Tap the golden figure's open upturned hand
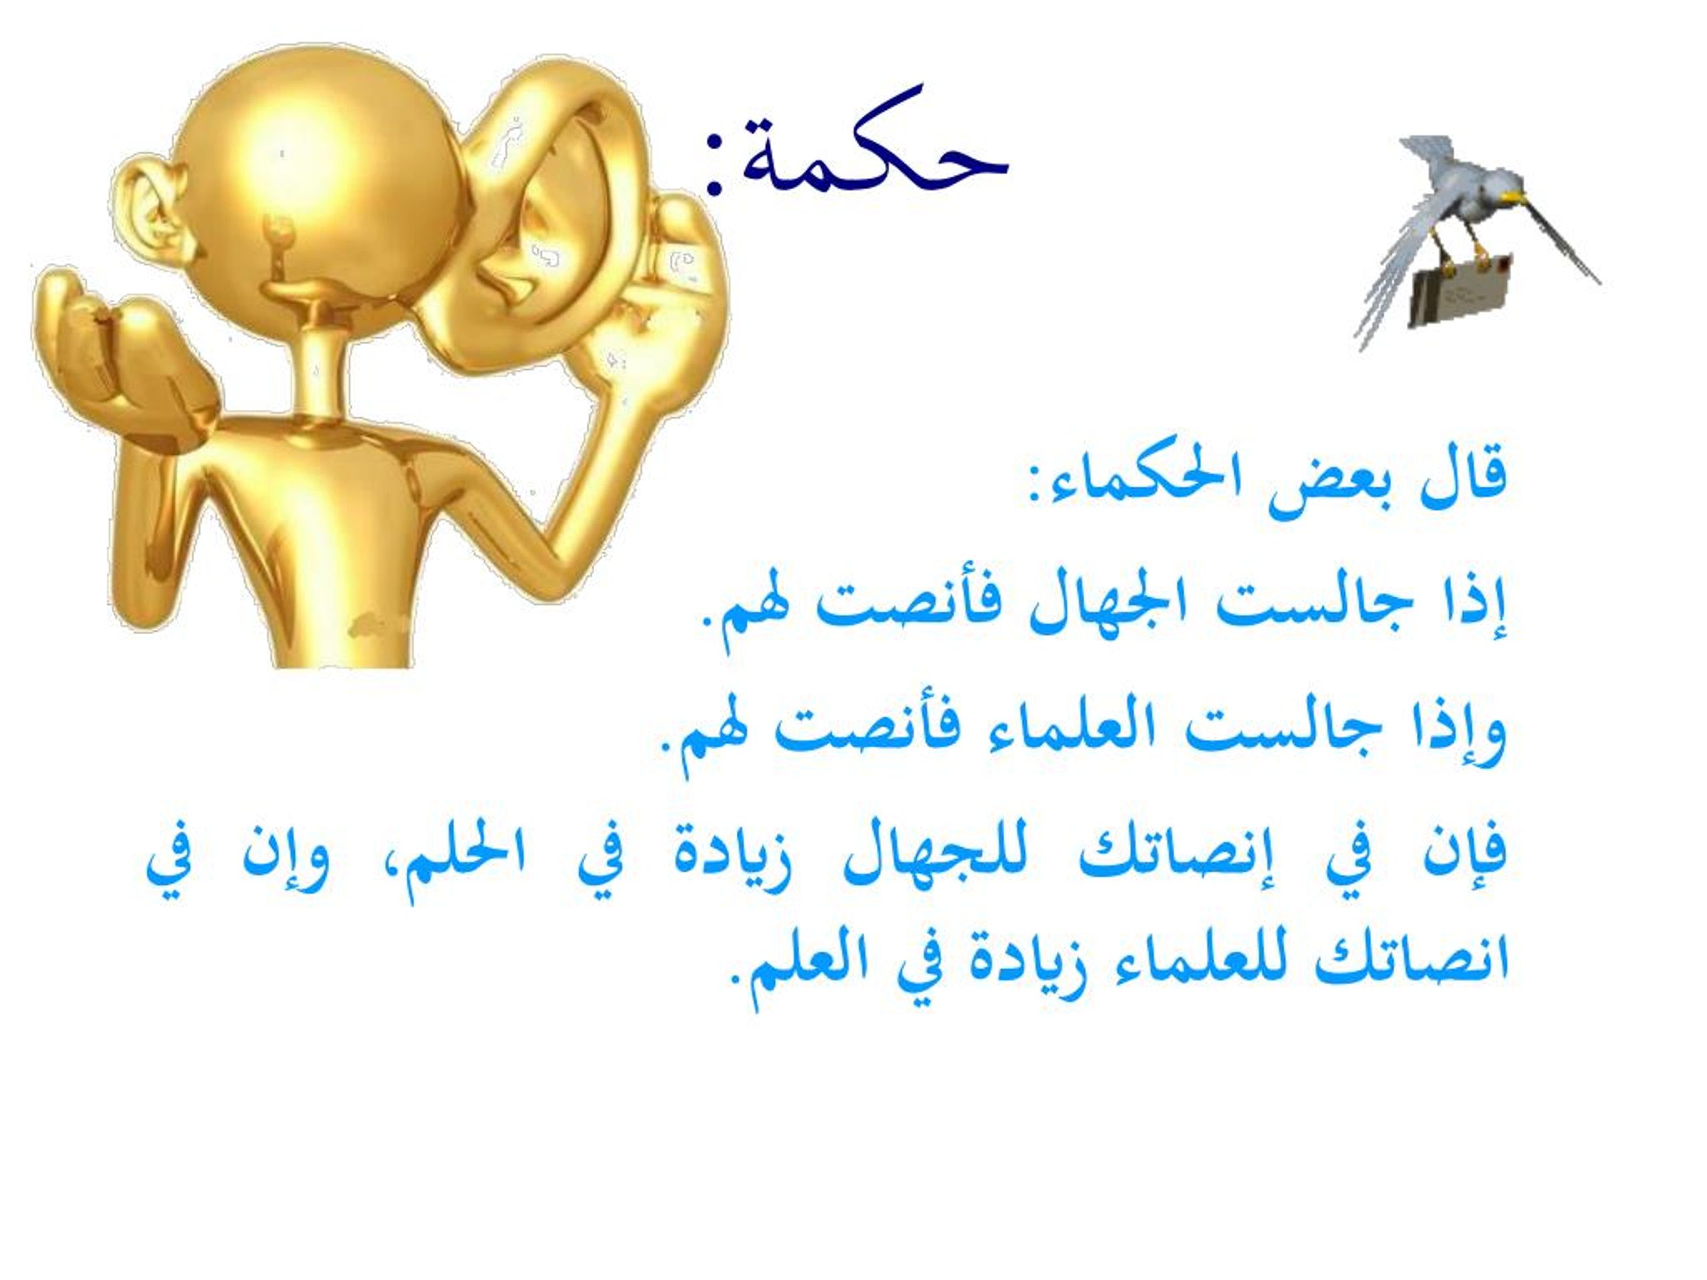116,347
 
